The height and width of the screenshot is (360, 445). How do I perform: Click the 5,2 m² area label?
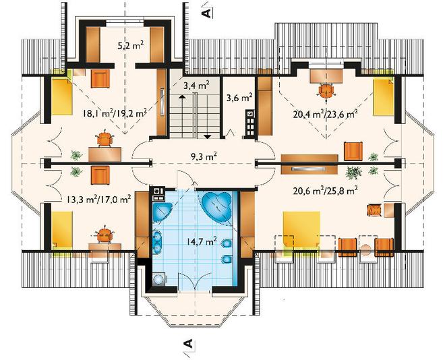[130, 45]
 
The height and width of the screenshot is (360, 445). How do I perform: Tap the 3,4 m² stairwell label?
[196, 85]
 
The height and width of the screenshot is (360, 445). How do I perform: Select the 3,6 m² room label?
[239, 98]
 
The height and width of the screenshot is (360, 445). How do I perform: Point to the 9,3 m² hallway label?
[204, 156]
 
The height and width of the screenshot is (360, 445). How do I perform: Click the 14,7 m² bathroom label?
[202, 241]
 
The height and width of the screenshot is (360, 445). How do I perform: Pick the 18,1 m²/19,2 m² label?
[115, 113]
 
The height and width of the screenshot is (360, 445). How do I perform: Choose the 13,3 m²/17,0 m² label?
[98, 199]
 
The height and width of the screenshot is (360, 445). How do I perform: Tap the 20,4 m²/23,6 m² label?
[325, 114]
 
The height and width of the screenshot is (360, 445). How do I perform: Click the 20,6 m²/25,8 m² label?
[325, 191]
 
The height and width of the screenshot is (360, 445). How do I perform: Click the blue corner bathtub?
[217, 205]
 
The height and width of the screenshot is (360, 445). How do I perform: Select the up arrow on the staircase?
[181, 104]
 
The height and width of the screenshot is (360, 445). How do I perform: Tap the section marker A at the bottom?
[188, 344]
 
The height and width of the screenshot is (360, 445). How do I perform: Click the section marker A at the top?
[208, 13]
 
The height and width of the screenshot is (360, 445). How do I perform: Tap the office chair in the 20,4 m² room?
[326, 91]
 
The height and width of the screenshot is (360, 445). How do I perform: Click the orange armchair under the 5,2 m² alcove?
[100, 79]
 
